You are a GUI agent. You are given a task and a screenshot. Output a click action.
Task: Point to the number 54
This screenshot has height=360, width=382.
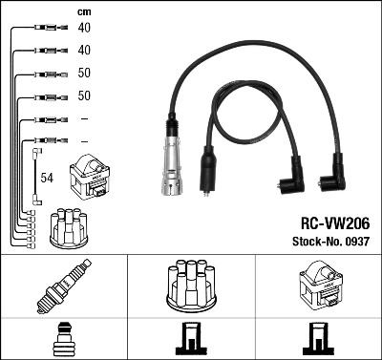pos(46,178)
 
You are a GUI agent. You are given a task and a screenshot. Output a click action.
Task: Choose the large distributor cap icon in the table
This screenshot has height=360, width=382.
pos(190,285)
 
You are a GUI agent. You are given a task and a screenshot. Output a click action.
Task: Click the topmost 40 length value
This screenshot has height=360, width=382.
pos(85,28)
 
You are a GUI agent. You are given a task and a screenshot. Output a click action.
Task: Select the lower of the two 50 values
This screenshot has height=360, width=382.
pos(85,95)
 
